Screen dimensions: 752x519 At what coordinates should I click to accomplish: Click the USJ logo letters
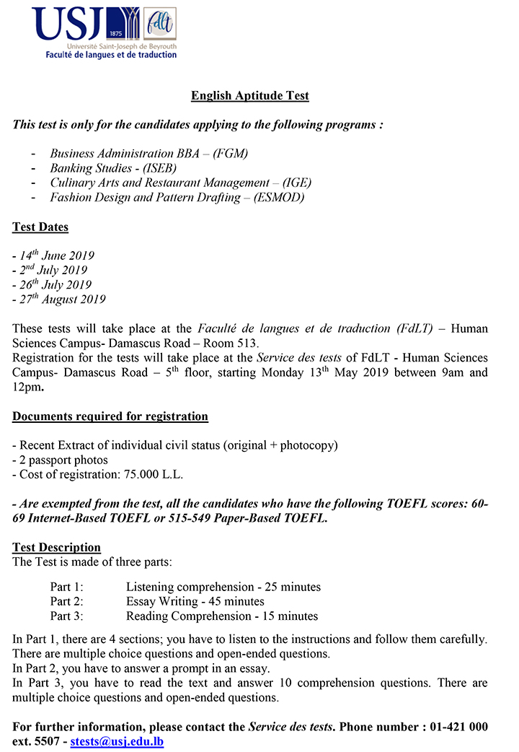69,24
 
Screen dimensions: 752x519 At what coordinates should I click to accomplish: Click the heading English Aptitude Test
250,95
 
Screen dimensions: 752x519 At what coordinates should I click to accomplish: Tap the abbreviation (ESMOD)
279,197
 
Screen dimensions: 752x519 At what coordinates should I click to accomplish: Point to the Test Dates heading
40,227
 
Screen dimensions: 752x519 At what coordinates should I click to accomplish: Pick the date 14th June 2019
53,255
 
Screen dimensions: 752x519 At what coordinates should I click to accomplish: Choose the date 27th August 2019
59,299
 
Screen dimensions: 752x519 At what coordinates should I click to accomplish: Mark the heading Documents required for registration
110,416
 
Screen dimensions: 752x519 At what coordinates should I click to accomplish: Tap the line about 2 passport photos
61,460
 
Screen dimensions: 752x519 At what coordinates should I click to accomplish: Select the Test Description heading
57,547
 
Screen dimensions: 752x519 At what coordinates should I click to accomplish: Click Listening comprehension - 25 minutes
223,587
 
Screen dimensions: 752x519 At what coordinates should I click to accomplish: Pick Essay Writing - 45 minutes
195,601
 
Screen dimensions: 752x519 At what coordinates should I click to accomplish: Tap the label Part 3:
67,616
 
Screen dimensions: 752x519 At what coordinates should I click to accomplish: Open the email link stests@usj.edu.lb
117,741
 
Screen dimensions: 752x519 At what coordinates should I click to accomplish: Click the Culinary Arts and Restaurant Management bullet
181,183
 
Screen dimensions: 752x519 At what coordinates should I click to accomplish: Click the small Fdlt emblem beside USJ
160,24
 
